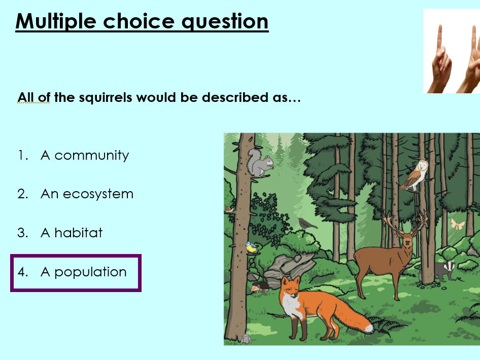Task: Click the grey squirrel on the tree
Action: [260, 163]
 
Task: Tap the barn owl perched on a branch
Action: [415, 175]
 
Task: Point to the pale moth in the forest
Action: [458, 224]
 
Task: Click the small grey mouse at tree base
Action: [246, 339]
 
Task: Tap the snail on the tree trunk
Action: [229, 208]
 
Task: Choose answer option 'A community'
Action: [85, 155]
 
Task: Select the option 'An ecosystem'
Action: [87, 194]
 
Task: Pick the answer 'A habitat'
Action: [72, 233]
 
